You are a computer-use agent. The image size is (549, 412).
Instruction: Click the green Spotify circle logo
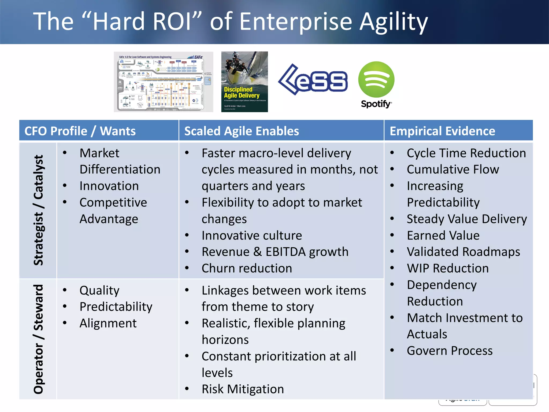[x=376, y=79]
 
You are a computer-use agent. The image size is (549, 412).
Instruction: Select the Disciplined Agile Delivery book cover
[x=244, y=82]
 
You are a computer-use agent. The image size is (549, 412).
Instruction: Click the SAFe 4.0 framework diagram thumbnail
[x=163, y=82]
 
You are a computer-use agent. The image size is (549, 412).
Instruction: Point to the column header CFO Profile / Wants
[x=80, y=131]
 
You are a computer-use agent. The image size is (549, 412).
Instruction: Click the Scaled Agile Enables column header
[x=242, y=131]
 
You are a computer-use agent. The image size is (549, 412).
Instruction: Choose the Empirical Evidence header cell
[x=442, y=131]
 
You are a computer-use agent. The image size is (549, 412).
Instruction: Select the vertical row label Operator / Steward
[x=38, y=339]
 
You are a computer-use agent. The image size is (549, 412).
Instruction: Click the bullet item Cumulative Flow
[x=452, y=170]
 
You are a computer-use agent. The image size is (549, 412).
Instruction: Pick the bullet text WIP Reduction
[x=447, y=268]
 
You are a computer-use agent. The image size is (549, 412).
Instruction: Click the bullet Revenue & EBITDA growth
[x=275, y=252]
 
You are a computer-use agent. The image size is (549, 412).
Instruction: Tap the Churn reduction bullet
[x=247, y=268]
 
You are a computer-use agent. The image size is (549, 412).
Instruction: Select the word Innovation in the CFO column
[x=109, y=186]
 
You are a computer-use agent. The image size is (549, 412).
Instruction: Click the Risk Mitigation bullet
[x=243, y=389]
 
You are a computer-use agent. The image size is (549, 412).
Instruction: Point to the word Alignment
[x=108, y=323]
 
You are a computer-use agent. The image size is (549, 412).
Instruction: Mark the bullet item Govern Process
[x=450, y=351]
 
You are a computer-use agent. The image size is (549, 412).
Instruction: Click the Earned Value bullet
[x=443, y=236]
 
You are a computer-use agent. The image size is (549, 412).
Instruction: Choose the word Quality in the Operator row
[x=99, y=290]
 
